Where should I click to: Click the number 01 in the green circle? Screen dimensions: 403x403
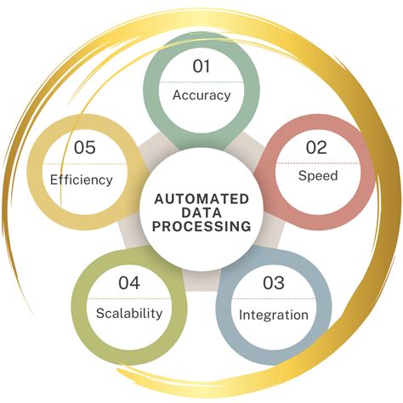point(201,66)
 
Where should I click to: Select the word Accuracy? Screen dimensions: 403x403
point(201,95)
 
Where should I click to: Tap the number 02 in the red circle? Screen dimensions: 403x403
point(316,148)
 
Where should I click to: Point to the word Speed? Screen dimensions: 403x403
point(318,176)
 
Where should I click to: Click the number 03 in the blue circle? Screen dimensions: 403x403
point(274,283)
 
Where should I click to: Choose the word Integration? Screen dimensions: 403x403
point(274,315)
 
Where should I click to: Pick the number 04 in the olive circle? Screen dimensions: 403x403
point(129,283)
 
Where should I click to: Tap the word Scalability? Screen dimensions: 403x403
point(129,314)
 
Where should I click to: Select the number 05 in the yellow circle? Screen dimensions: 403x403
point(85,148)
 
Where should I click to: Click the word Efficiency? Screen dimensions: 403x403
point(82,180)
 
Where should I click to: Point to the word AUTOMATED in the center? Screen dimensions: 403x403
point(201,199)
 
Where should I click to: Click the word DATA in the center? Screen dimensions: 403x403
point(201,213)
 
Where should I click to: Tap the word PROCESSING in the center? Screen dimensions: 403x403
point(201,227)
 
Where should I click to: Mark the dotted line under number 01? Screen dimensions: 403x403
point(201,82)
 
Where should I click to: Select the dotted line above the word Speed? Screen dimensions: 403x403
point(318,163)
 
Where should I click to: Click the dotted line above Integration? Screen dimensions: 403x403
point(274,298)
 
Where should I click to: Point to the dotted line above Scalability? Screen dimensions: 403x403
point(129,298)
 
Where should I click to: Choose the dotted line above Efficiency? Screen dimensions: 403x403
point(85,164)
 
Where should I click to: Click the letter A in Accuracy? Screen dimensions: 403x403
point(177,95)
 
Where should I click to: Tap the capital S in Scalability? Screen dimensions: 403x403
point(100,314)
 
